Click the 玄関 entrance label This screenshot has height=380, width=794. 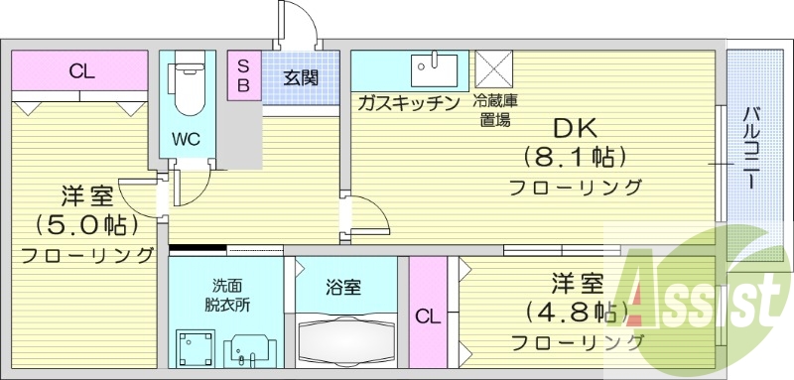click(300, 77)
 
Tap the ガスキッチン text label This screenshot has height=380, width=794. click(406, 102)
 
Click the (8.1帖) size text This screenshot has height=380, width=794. click(575, 157)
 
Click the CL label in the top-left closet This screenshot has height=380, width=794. click(81, 70)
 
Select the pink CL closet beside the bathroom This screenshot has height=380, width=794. click(427, 317)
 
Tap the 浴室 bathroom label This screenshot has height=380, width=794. click(343, 288)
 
